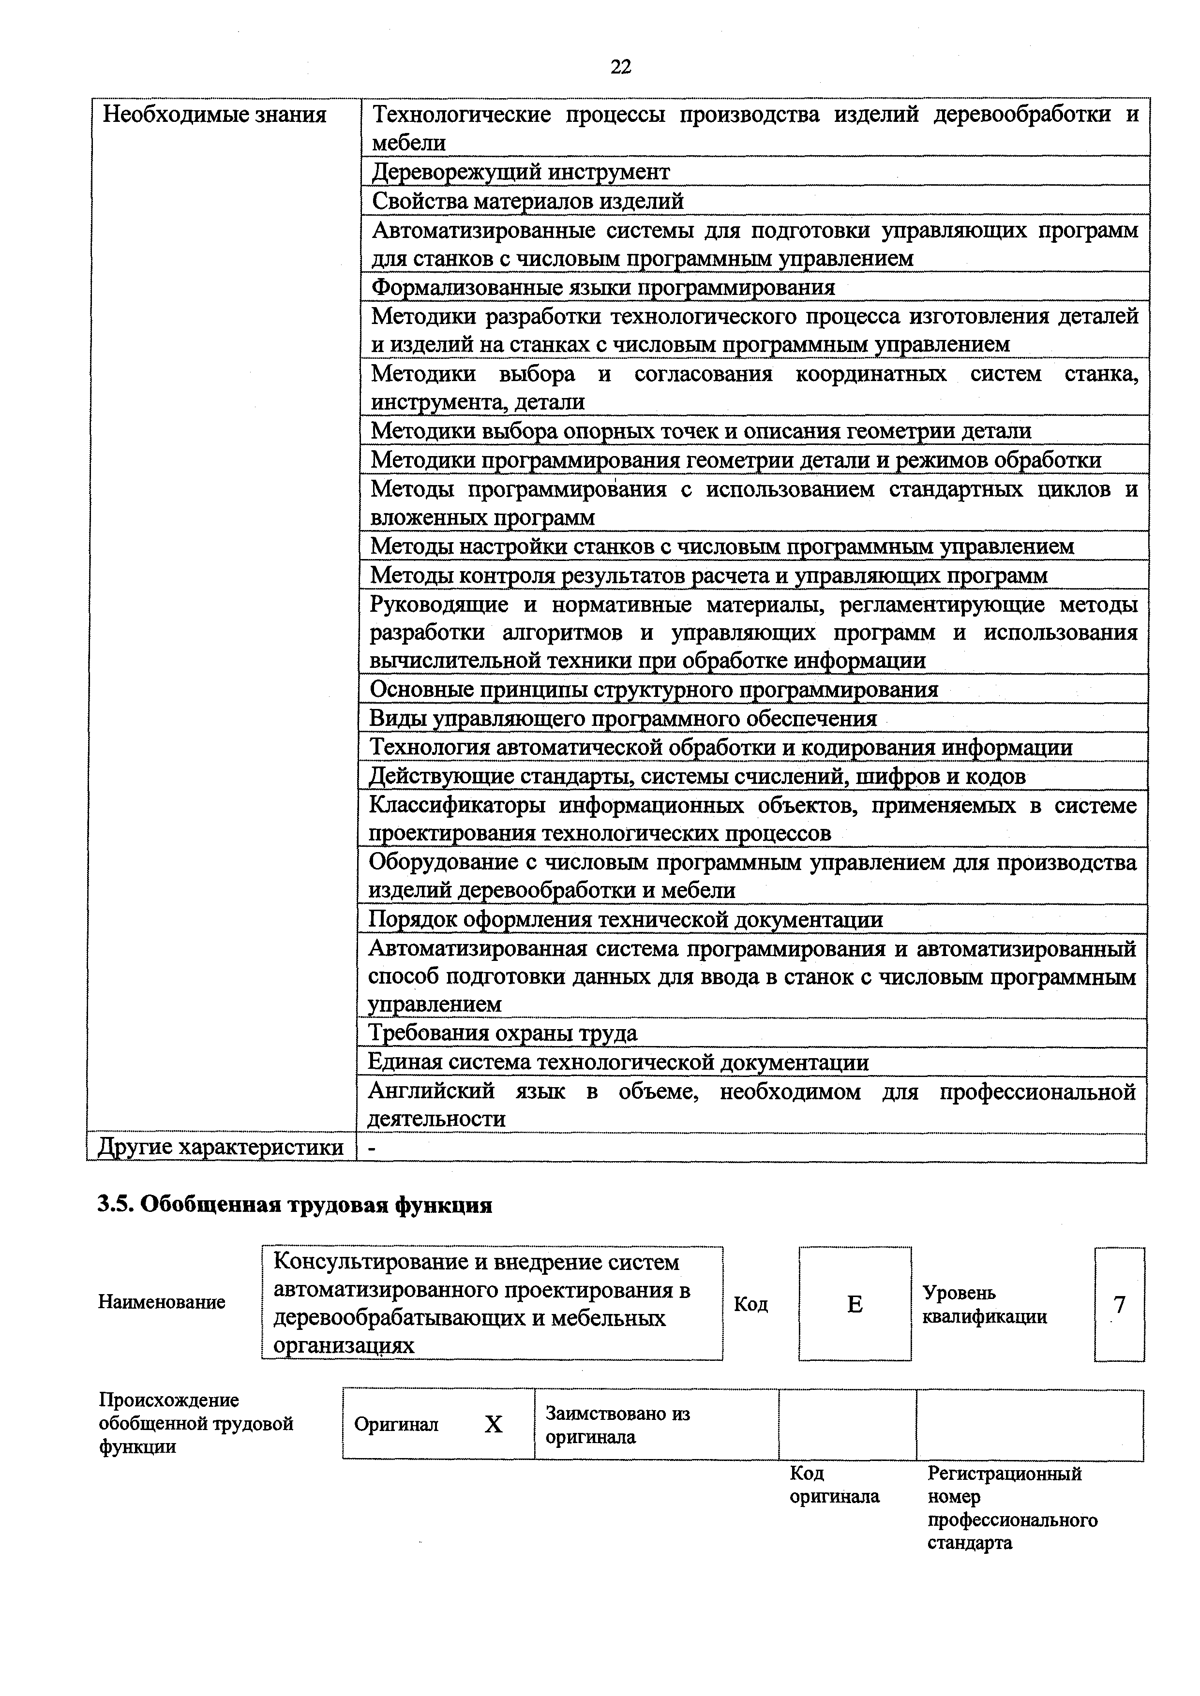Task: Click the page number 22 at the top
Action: tap(621, 67)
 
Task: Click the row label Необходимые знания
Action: tap(214, 115)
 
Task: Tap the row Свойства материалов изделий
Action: tap(527, 201)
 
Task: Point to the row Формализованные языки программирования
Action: tap(603, 287)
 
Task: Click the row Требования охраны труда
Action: tap(502, 1032)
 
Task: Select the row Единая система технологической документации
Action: tap(618, 1062)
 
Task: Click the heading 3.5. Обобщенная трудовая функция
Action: tap(295, 1205)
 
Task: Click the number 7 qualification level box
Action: tap(1119, 1305)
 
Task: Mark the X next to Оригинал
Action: tap(493, 1424)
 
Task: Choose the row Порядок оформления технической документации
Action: tap(625, 920)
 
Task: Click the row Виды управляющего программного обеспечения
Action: tap(622, 719)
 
